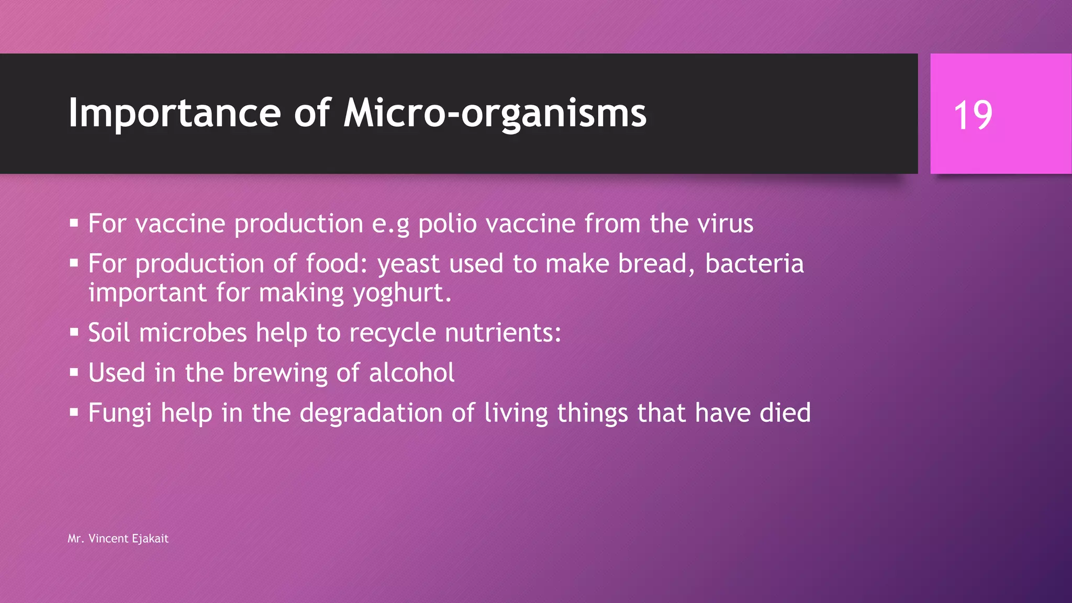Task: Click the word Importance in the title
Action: [x=175, y=113]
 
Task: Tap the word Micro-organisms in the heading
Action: [x=495, y=113]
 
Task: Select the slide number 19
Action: [x=973, y=115]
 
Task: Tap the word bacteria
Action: [x=754, y=264]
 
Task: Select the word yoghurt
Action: [x=401, y=293]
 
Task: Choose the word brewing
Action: [x=280, y=373]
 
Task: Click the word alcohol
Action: [x=411, y=373]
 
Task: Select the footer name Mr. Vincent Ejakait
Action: [x=118, y=539]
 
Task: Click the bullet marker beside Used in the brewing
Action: [x=74, y=373]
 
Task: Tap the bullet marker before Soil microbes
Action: [x=74, y=332]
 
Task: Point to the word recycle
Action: [x=393, y=333]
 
